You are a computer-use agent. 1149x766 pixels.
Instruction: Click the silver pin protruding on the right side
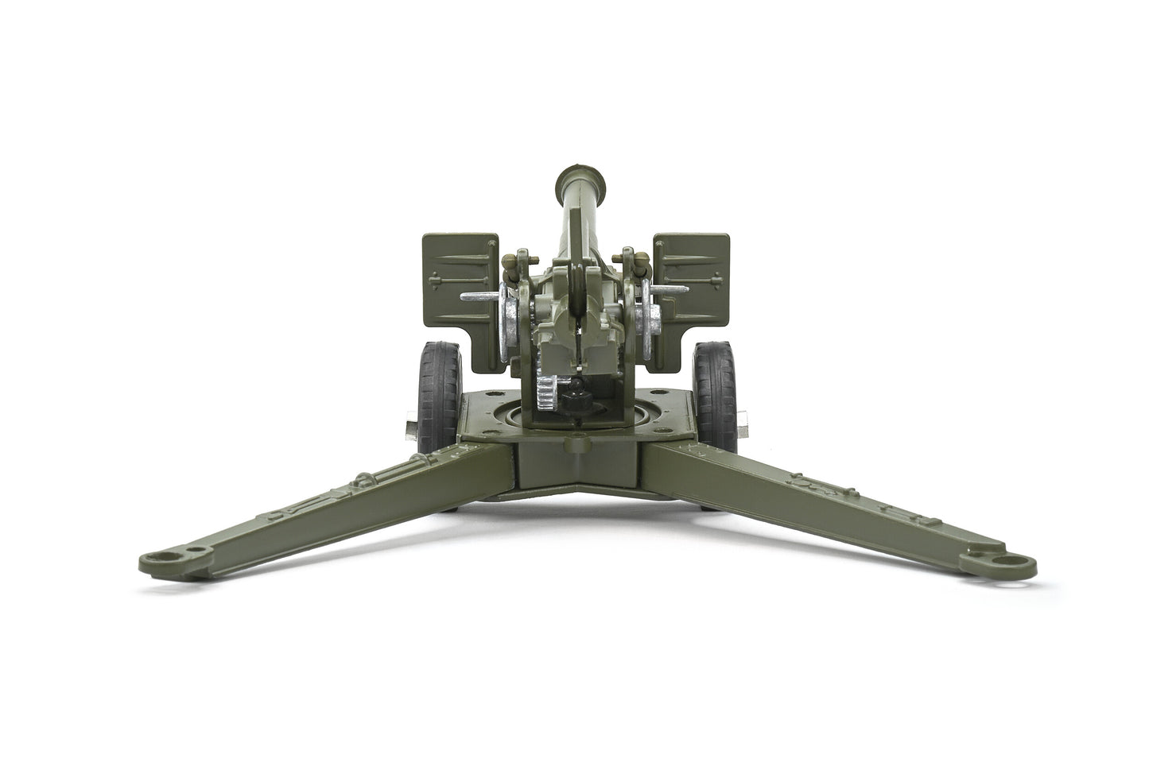point(673,290)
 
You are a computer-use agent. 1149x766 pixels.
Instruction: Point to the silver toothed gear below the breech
point(545,393)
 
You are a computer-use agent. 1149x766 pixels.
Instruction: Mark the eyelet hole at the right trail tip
point(1012,561)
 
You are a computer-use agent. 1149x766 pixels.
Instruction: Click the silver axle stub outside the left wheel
point(410,427)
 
